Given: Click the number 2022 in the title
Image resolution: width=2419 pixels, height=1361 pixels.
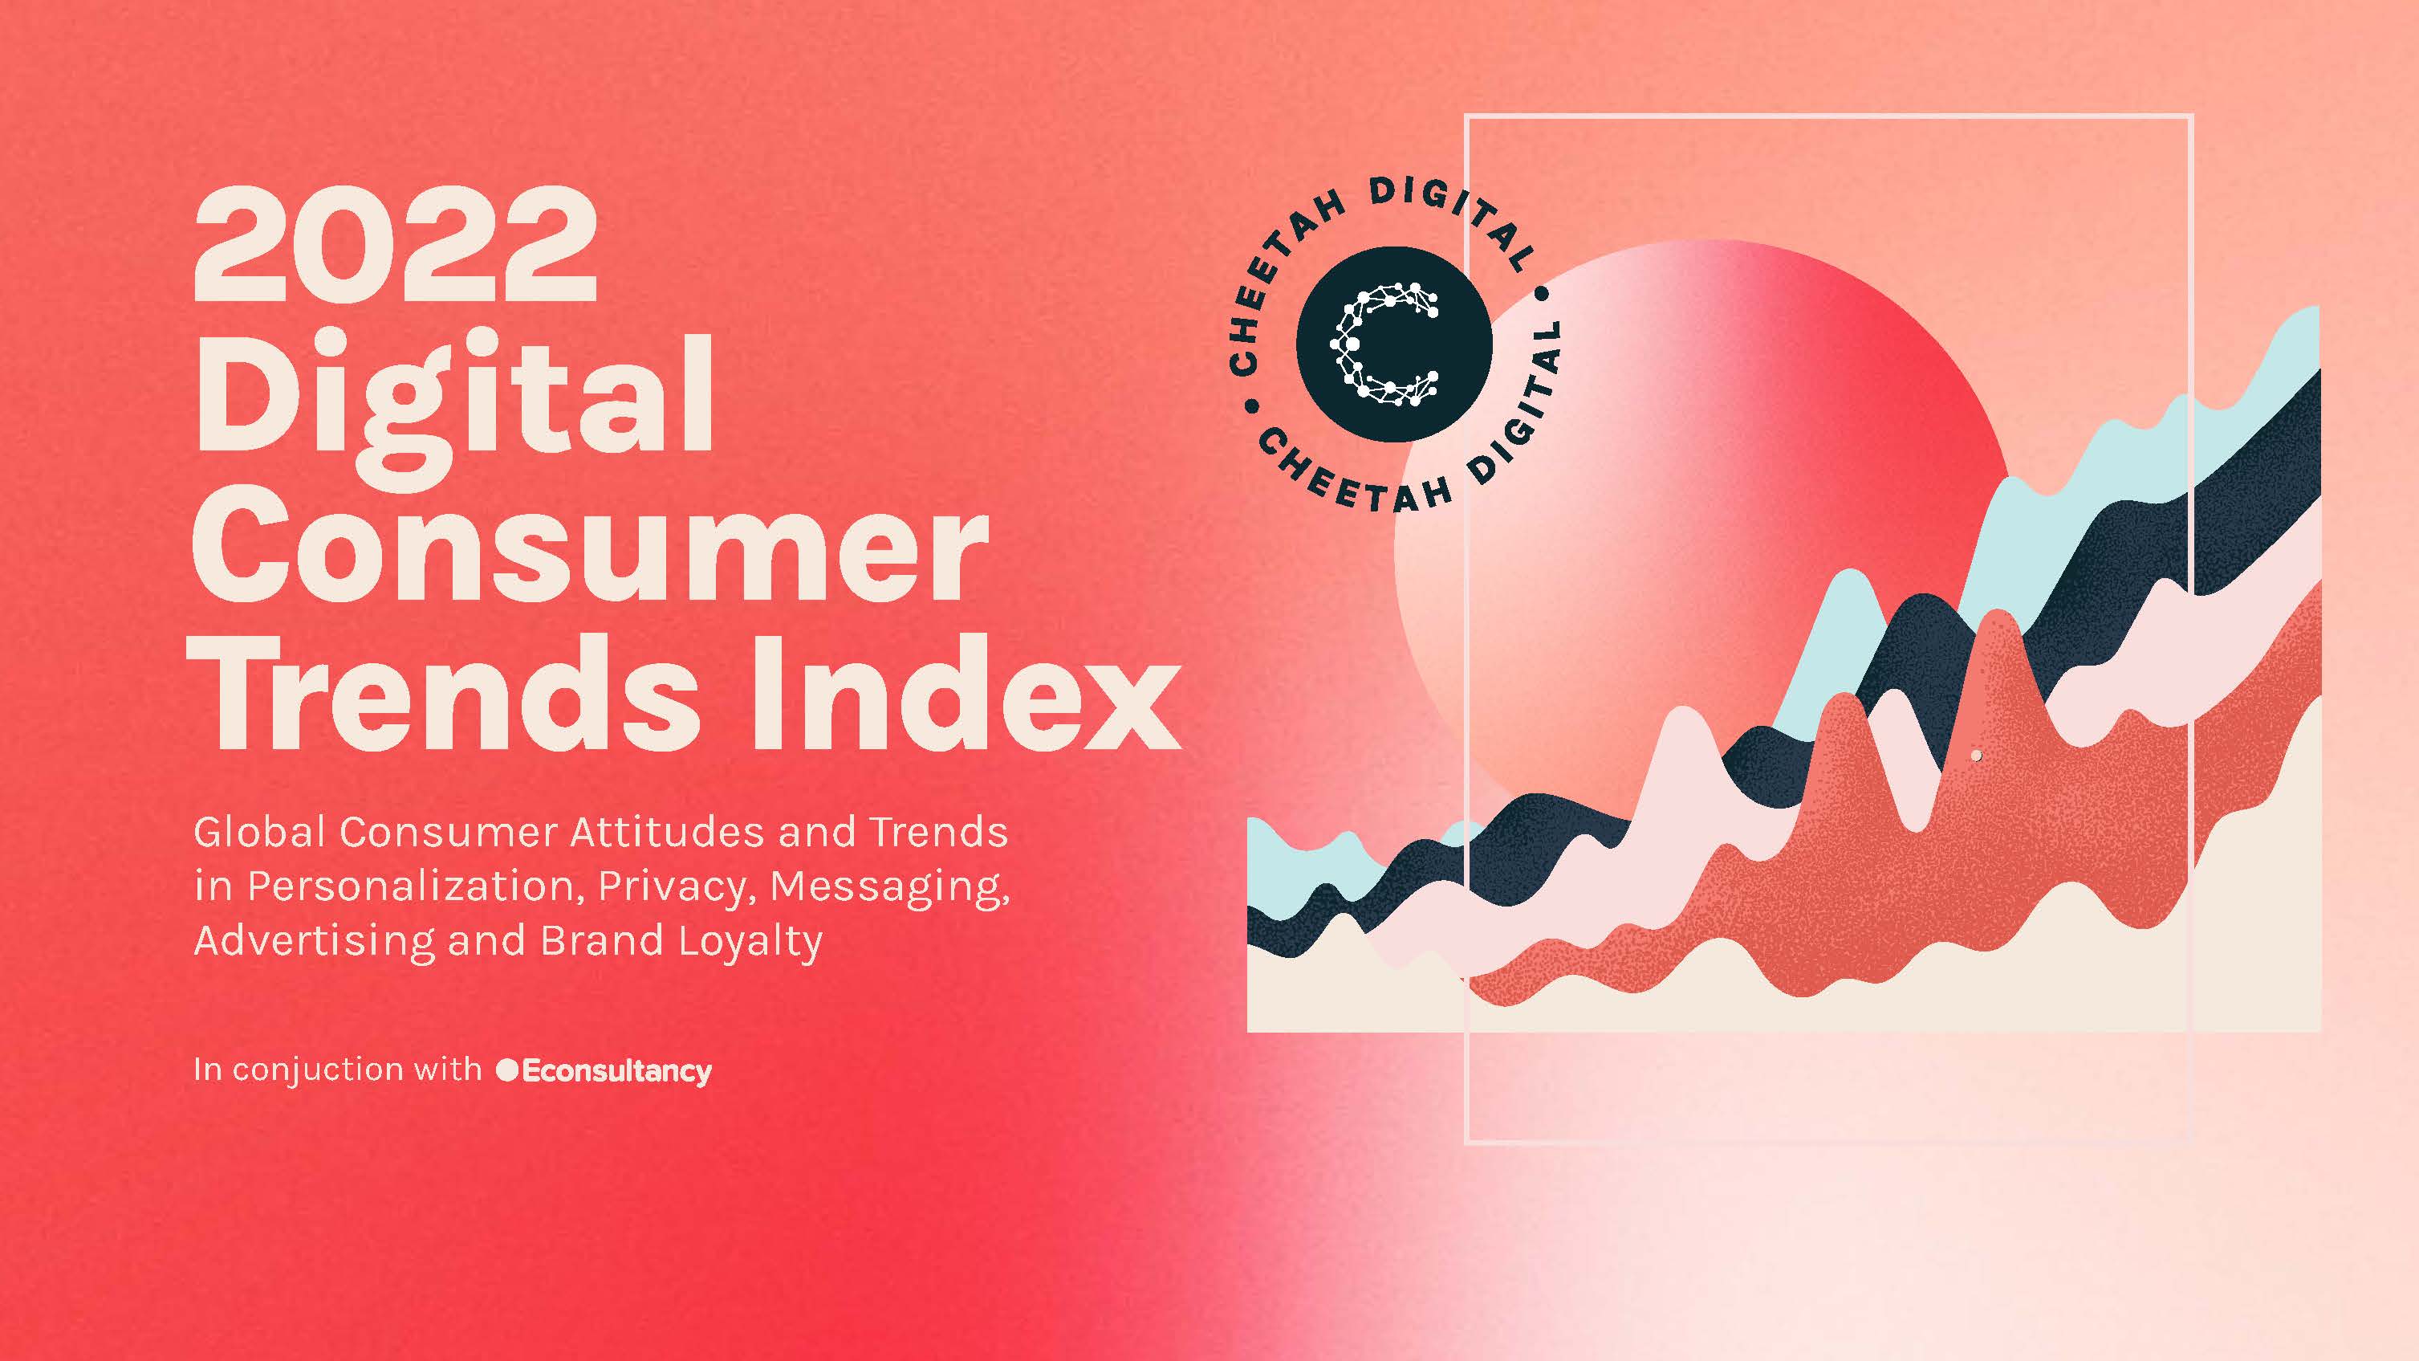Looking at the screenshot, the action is click(x=396, y=243).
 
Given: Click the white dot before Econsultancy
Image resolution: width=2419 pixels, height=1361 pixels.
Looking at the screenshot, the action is click(x=507, y=1070).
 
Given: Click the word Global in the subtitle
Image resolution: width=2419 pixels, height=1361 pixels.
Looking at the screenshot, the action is click(x=259, y=832).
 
